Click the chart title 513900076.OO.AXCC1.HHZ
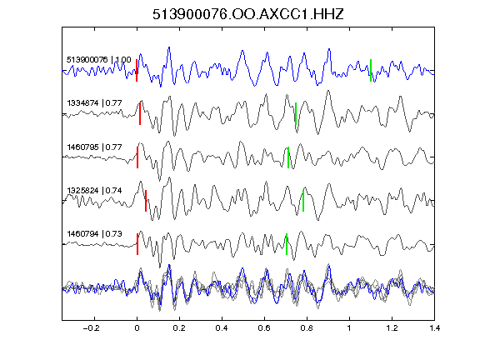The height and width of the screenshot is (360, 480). [x=248, y=14]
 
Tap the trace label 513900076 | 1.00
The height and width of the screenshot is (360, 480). [x=99, y=59]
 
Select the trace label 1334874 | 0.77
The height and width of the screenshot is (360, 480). [x=94, y=103]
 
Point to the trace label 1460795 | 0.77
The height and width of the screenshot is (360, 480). [x=94, y=147]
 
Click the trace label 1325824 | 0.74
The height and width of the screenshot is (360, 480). [x=94, y=191]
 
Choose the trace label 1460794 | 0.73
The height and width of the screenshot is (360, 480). [x=94, y=234]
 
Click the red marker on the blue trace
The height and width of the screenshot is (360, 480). [x=137, y=70]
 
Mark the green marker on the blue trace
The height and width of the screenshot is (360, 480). [x=371, y=70]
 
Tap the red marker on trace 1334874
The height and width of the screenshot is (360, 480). [x=140, y=113]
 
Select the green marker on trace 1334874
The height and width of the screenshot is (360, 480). [x=296, y=113]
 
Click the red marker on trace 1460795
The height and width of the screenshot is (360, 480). [x=137, y=157]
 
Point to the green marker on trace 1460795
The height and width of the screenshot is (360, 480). [x=288, y=157]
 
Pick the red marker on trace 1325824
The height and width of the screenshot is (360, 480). [x=146, y=201]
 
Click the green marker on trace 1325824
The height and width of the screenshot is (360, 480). [x=303, y=201]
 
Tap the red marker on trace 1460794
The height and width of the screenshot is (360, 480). [x=137, y=244]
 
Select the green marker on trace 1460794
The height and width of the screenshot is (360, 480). [x=287, y=244]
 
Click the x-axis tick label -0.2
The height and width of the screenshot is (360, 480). [x=92, y=328]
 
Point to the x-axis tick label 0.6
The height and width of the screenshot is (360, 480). [x=264, y=328]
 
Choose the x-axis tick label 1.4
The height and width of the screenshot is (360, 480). [x=434, y=328]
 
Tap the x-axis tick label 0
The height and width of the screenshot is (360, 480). [x=137, y=328]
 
